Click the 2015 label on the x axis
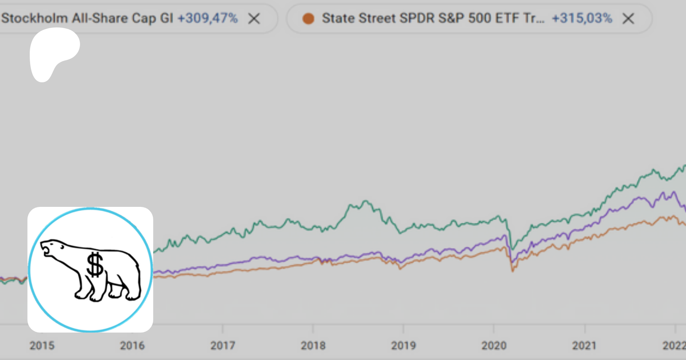42,346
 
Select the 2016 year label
132,346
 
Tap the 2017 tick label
223,346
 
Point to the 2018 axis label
313,346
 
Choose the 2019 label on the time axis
403,346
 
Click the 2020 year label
494,346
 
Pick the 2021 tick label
584,346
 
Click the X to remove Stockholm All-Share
254,18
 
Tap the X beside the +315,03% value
628,18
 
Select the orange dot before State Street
308,18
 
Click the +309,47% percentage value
208,18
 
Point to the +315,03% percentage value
582,18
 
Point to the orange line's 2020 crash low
513,270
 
